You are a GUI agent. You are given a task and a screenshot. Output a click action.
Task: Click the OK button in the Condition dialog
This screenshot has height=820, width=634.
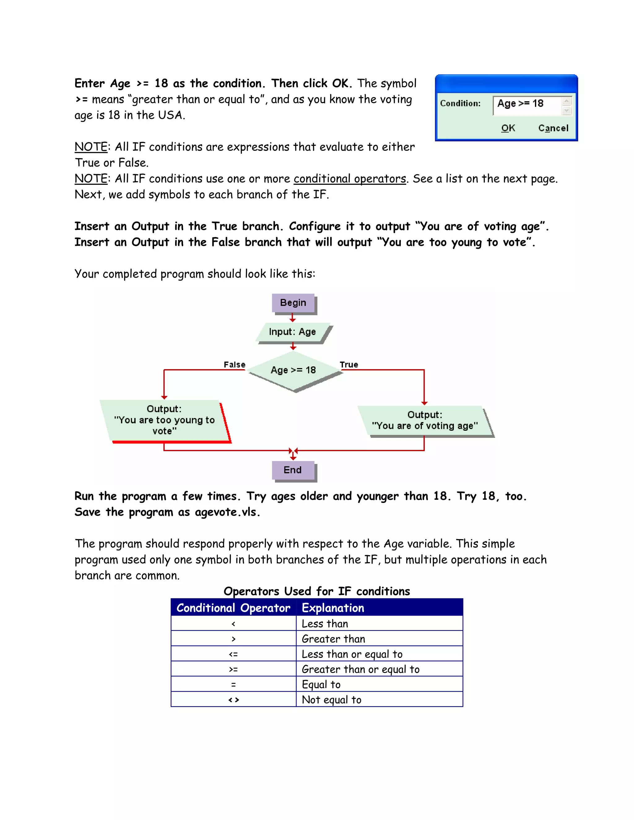[508, 128]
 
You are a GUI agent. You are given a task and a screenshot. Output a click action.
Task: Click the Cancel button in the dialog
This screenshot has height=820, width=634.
[553, 128]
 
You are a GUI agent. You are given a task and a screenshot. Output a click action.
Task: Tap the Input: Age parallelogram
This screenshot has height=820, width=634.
[293, 332]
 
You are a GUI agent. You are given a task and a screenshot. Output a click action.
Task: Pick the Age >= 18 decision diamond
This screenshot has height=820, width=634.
[293, 370]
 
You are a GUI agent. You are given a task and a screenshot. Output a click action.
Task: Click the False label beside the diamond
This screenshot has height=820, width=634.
[234, 365]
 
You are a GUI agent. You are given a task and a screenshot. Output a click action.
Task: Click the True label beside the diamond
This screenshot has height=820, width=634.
[349, 365]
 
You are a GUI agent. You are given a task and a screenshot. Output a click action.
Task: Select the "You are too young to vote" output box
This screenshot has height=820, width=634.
[164, 420]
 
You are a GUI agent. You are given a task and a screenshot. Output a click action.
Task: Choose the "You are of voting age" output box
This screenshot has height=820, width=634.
[425, 421]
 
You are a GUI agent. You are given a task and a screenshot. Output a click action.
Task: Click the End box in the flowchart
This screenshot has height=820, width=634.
[293, 470]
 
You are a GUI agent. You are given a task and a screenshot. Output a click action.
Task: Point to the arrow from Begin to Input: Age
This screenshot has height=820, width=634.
[293, 318]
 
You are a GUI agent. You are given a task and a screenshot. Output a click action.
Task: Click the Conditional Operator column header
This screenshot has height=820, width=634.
[233, 608]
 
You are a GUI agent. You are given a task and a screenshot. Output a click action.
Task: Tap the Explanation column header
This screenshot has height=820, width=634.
[333, 608]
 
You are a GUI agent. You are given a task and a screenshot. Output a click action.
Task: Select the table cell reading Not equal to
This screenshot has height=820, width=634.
[332, 700]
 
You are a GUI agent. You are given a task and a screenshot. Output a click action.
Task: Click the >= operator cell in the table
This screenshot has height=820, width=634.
[233, 669]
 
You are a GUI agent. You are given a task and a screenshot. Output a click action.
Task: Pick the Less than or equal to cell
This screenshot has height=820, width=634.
[352, 654]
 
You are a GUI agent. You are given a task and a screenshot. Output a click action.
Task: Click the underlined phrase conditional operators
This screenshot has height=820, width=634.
[350, 179]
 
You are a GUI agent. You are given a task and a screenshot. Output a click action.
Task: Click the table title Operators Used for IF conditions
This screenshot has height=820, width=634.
[317, 591]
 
